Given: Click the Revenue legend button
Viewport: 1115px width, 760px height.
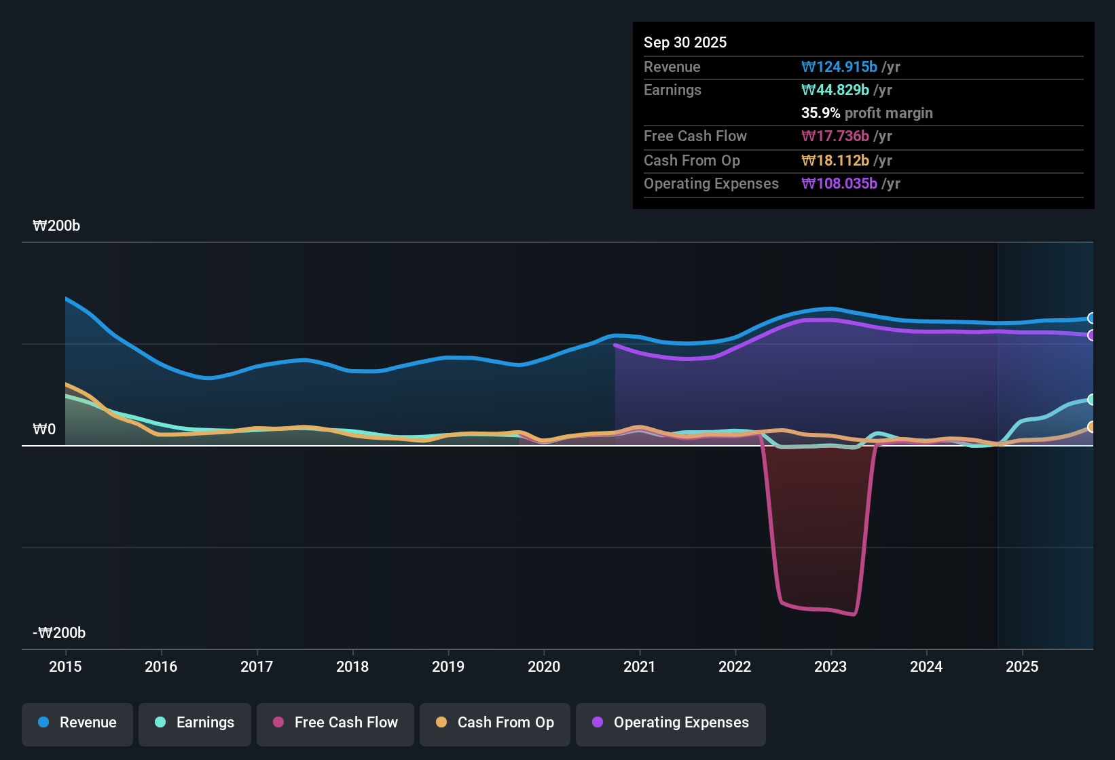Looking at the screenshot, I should click(77, 723).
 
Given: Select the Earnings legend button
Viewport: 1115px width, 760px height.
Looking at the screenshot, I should click(195, 723).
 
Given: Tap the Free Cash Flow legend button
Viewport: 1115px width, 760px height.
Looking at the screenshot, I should click(335, 723).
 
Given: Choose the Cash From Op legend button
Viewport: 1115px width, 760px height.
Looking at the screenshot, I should click(495, 723).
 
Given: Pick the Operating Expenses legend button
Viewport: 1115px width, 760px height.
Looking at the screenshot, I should click(671, 723).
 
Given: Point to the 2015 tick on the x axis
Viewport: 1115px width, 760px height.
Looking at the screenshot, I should click(65, 666).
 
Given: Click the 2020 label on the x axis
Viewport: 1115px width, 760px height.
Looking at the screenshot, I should click(544, 666).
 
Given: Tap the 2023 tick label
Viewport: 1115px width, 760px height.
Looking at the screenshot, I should click(830, 666).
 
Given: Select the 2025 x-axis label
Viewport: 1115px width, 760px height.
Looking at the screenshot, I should click(1022, 666).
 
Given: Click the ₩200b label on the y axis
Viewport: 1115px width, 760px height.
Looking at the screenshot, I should click(56, 226).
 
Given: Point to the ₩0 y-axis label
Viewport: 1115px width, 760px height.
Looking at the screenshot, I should click(44, 430).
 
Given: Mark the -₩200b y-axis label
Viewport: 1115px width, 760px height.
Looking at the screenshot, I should click(59, 633).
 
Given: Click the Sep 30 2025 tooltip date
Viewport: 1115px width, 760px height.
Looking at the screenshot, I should click(685, 43).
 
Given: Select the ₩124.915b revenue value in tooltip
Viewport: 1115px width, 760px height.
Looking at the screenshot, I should click(839, 67).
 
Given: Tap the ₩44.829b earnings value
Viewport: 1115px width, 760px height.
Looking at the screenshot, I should click(835, 90).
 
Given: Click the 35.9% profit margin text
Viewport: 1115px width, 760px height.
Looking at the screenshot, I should click(866, 113).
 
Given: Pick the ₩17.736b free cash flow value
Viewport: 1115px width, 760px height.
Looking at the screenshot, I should click(835, 136).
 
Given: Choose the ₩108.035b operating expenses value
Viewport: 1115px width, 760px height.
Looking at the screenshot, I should click(839, 184).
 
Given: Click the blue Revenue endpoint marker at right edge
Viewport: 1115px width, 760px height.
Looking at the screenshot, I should click(1091, 318).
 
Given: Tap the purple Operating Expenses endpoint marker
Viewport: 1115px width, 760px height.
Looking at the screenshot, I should click(1091, 335).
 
